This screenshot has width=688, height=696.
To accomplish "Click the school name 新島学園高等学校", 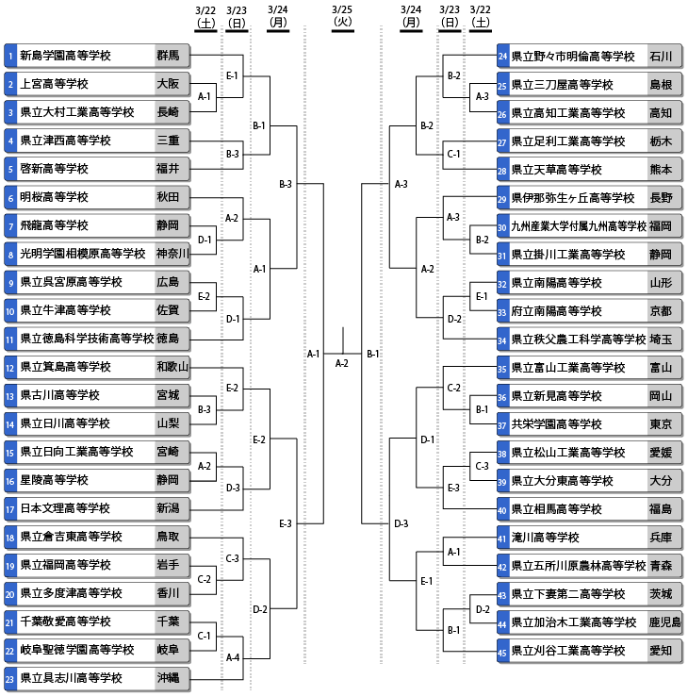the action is point(65,56).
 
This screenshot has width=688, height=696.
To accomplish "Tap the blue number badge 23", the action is point(9,679).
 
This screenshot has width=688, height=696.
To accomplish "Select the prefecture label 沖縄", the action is point(168,678).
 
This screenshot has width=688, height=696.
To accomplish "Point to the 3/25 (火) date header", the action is point(342,16).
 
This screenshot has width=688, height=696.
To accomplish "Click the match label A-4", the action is point(233,657).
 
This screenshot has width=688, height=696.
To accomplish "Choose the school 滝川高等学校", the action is point(545,538).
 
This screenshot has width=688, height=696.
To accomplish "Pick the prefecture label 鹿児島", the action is point(664,622).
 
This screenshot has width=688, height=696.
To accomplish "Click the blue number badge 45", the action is point(502,651).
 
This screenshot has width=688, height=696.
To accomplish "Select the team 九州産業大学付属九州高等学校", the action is point(579,226).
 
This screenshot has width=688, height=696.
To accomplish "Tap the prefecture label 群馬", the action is point(168,55).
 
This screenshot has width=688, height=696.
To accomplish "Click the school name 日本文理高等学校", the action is point(65,508).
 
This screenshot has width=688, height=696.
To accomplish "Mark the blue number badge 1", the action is point(9,56).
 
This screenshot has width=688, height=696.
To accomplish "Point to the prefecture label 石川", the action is point(661,57).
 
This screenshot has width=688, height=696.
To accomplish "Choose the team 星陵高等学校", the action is point(54,480).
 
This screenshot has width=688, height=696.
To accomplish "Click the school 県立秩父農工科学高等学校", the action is point(579,340).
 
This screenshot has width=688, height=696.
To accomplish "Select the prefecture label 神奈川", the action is point(172,254).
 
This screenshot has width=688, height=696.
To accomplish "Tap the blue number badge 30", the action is point(502,227).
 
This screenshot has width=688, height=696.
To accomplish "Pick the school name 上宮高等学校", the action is point(54,84).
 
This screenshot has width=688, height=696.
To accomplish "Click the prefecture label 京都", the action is point(661,311).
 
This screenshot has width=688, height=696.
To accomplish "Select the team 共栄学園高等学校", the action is point(556,424).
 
